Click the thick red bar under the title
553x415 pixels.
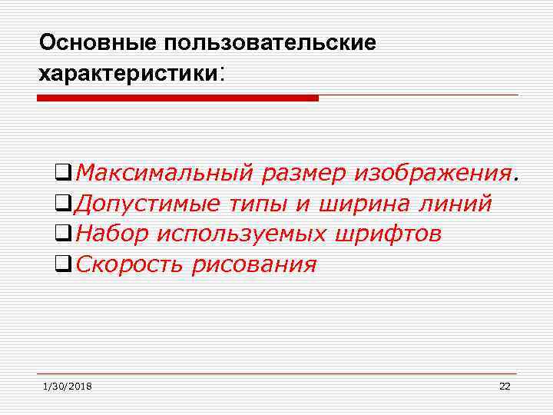(177, 98)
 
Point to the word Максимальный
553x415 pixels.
(164, 174)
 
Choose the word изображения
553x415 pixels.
(433, 174)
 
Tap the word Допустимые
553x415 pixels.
(149, 204)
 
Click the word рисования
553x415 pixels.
(255, 265)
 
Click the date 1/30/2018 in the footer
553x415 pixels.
(67, 386)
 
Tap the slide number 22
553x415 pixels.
(504, 386)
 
